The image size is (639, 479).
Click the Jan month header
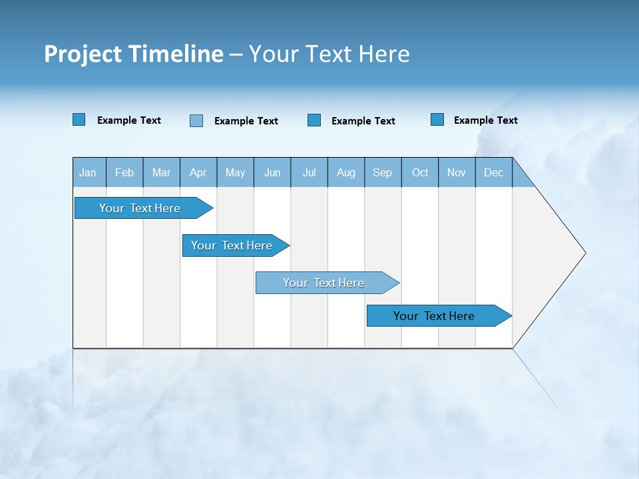[x=88, y=172]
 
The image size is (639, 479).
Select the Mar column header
[x=161, y=172]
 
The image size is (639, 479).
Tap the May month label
[x=235, y=172]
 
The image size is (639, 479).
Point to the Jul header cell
[x=309, y=172]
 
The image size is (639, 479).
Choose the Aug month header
[x=345, y=172]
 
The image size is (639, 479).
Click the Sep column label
[x=382, y=172]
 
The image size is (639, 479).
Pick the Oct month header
[x=420, y=172]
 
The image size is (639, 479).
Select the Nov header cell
[x=456, y=172]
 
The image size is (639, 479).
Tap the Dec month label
[x=493, y=172]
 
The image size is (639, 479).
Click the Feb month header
[x=124, y=172]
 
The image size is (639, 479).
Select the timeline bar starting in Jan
[x=140, y=208]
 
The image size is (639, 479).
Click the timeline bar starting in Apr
[x=232, y=245]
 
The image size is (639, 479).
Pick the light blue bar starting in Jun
[x=324, y=283]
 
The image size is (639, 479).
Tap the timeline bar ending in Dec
[x=435, y=316]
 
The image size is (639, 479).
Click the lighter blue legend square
[x=196, y=120]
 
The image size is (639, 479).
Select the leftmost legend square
[x=79, y=120]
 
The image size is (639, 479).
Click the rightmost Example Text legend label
[x=485, y=120]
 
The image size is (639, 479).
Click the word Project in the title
[x=83, y=54]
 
